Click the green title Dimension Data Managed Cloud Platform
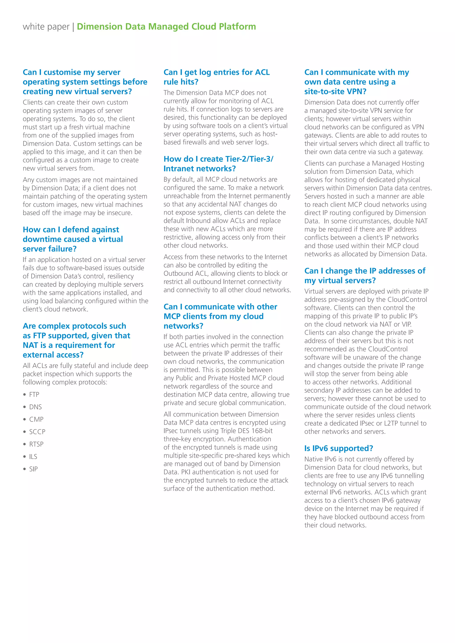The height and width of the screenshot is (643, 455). pyautogui.click(x=166, y=27)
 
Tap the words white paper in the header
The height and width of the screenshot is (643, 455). pyautogui.click(x=46, y=27)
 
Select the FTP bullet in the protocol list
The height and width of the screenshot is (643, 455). pyautogui.click(x=34, y=394)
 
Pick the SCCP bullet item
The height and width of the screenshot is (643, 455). pyautogui.click(x=37, y=432)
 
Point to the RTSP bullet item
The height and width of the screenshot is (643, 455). pyautogui.click(x=36, y=444)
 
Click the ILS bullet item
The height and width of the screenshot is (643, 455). pyautogui.click(x=33, y=456)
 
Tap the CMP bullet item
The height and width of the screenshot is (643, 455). pyautogui.click(x=36, y=419)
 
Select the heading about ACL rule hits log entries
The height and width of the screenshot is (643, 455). pyautogui.click(x=216, y=77)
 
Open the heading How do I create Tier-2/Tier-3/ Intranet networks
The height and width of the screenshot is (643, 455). pyautogui.click(x=218, y=164)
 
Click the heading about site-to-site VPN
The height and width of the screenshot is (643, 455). pyautogui.click(x=356, y=82)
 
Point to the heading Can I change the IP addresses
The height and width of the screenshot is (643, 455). pyautogui.click(x=365, y=276)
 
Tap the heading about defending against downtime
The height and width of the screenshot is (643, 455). pyautogui.click(x=73, y=239)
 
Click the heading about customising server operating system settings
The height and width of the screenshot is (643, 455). pyautogui.click(x=85, y=82)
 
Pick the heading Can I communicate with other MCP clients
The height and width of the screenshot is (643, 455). pyautogui.click(x=220, y=316)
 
